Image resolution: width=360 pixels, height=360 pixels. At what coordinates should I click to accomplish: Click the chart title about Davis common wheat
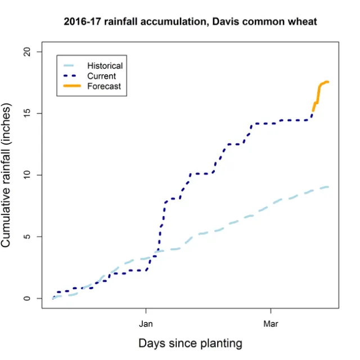click(191, 22)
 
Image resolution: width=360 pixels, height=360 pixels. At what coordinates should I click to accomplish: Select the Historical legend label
click(105, 66)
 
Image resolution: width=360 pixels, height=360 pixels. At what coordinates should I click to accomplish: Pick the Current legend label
click(101, 76)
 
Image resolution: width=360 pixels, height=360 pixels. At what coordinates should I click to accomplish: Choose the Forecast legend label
click(103, 86)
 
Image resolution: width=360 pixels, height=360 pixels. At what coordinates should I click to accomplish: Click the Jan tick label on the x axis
click(146, 323)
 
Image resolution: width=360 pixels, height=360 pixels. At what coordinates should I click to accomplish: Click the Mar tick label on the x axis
click(271, 323)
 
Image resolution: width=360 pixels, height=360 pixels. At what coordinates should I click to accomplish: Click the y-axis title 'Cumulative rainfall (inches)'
click(7, 175)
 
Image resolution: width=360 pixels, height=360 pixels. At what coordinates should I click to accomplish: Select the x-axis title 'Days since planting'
click(190, 343)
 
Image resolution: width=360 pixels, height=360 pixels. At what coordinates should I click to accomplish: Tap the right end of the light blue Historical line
click(328, 187)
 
